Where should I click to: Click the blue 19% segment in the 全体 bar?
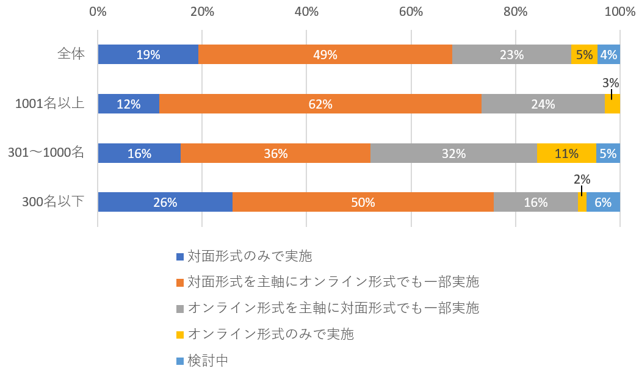pyautogui.click(x=148, y=54)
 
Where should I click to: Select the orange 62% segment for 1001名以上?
pyautogui.click(x=320, y=104)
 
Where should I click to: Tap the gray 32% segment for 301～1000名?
pyautogui.click(x=453, y=153)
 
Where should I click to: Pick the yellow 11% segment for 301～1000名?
pyautogui.click(x=566, y=153)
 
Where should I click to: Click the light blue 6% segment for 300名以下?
pyautogui.click(x=603, y=202)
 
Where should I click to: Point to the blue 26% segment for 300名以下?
pyautogui.click(x=165, y=202)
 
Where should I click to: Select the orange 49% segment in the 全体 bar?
pyautogui.click(x=325, y=54)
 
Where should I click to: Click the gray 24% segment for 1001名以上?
pyautogui.click(x=543, y=104)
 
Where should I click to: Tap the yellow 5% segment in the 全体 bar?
pyautogui.click(x=584, y=54)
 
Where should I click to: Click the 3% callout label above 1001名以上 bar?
pyautogui.click(x=611, y=83)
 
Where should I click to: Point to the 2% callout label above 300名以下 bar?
pyautogui.click(x=582, y=179)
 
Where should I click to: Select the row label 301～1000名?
pyautogui.click(x=46, y=153)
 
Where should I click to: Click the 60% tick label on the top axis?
pyautogui.click(x=411, y=12)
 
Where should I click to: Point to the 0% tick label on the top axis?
pyautogui.click(x=98, y=12)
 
